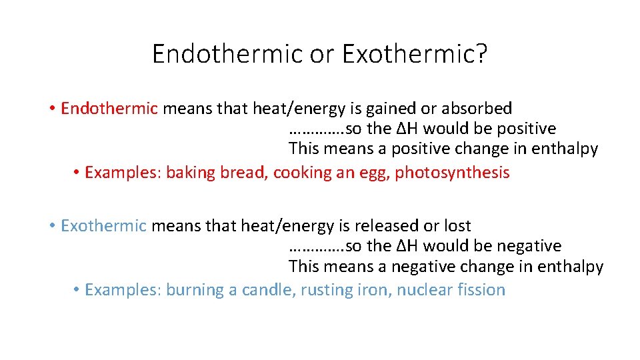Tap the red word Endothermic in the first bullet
pos(109,108)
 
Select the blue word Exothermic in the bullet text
pos(103,226)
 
